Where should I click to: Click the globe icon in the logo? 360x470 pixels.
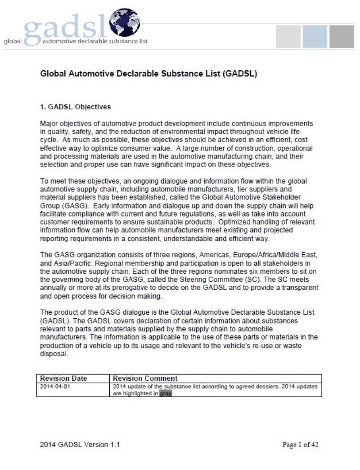point(124,23)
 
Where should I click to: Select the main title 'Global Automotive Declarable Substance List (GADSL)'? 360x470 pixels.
point(148,74)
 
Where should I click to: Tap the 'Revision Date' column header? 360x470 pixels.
point(64,379)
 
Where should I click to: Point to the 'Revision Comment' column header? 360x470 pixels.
point(145,379)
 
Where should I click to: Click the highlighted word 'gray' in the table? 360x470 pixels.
point(166,393)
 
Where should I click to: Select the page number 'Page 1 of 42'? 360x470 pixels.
point(300,445)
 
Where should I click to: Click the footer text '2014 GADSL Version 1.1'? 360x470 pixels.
point(80,445)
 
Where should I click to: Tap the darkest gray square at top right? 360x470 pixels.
point(342,36)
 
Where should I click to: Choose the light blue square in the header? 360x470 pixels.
point(315,36)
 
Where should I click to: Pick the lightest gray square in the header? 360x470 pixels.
point(288,36)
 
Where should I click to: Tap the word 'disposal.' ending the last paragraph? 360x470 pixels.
point(54,353)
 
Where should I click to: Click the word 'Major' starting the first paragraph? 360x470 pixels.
point(49,123)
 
